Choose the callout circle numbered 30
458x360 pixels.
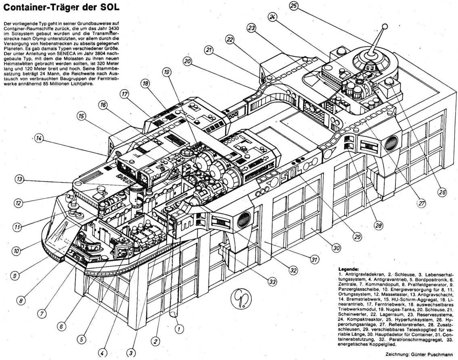[x=337, y=248]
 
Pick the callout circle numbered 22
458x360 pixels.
[x=230, y=40]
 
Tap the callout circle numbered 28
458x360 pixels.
[x=378, y=226]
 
